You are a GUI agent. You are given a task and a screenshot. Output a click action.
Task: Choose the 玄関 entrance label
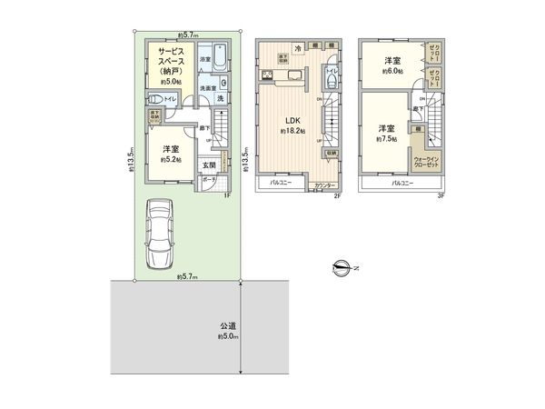coord(209,165)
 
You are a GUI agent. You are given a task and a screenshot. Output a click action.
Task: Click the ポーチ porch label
coord(209,180)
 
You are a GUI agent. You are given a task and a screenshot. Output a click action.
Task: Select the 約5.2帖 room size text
coord(170,159)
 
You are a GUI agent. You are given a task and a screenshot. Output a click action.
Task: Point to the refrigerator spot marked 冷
coord(296,48)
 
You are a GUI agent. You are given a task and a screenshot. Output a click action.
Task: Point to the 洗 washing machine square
coord(223,99)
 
